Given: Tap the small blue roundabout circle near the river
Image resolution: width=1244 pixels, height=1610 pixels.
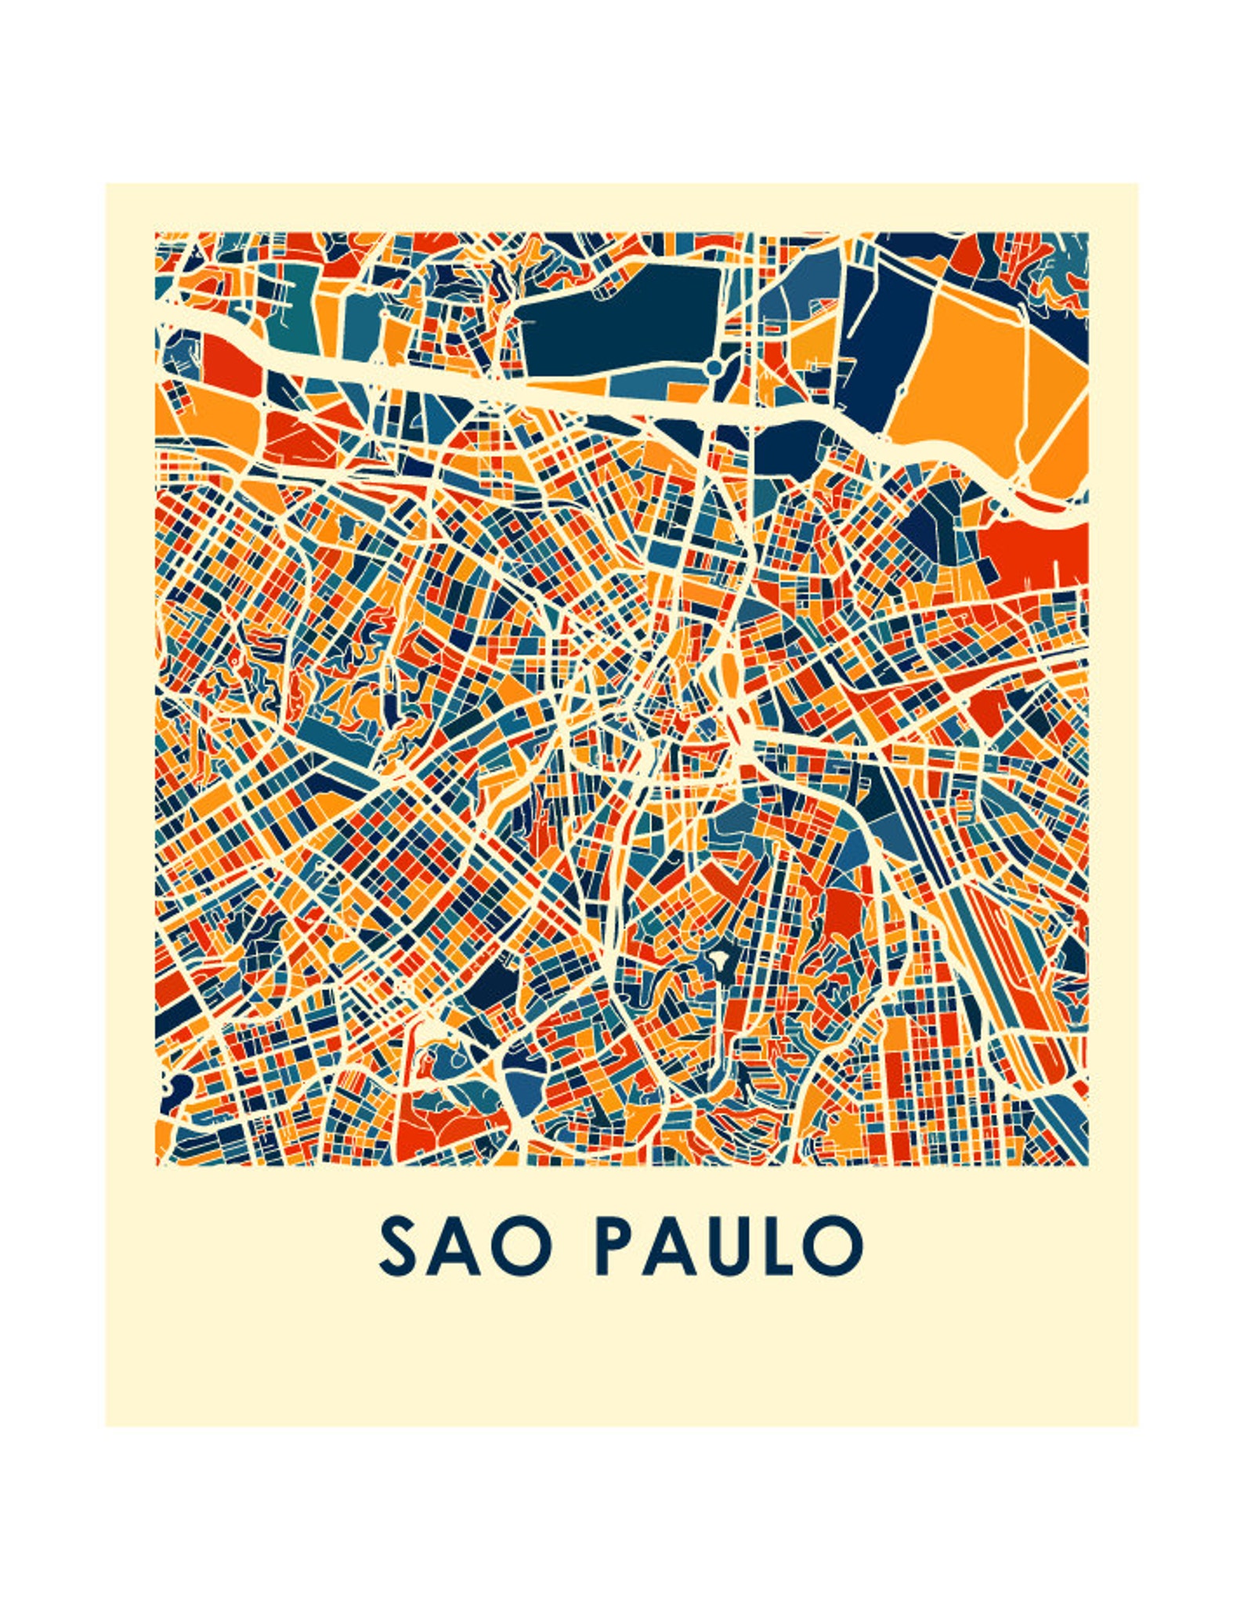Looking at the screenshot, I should pyautogui.click(x=713, y=367).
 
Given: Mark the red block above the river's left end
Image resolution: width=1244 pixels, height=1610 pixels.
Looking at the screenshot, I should pyautogui.click(x=227, y=364).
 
